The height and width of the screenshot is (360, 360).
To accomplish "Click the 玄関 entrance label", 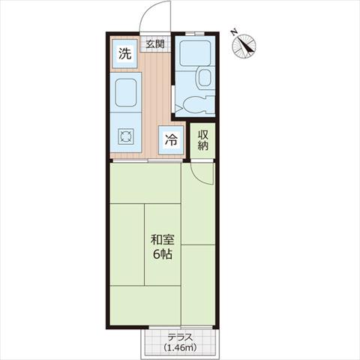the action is point(155,44).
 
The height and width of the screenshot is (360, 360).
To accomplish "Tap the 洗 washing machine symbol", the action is point(124,53).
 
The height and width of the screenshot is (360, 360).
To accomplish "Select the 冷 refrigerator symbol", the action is point(171,139).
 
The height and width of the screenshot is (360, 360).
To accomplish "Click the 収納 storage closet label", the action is point(203,140).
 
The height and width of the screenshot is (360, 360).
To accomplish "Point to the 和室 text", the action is point(162,240).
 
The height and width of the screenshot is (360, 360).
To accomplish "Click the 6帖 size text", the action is point(162,254).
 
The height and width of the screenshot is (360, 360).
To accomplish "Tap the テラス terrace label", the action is point(180,337).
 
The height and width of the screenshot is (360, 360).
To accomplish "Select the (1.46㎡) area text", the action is point(180,347).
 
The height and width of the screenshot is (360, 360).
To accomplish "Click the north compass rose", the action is point(244,46).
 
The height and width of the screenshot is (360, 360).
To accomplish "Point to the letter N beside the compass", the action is point(234,32).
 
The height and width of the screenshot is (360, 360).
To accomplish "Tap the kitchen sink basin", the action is point(126,92).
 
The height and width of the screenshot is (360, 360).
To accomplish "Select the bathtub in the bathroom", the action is point(195,53).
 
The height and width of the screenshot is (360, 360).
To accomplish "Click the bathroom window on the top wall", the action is point(195,34).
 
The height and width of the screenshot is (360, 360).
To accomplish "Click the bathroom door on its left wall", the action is point(173,99).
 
